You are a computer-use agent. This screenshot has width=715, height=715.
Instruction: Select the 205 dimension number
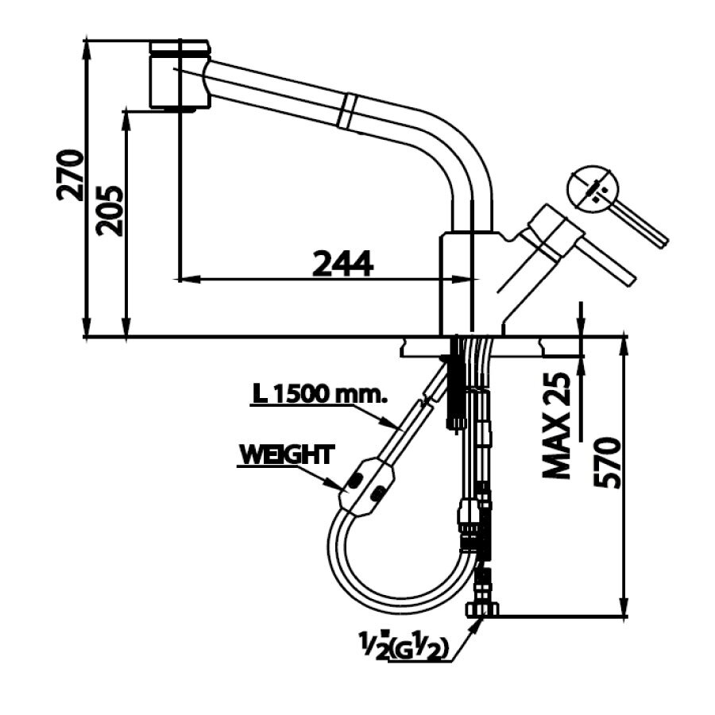click(111, 211)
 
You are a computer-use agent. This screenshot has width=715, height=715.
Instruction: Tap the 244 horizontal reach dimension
click(342, 263)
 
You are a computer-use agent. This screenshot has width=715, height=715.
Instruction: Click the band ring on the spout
click(347, 110)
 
